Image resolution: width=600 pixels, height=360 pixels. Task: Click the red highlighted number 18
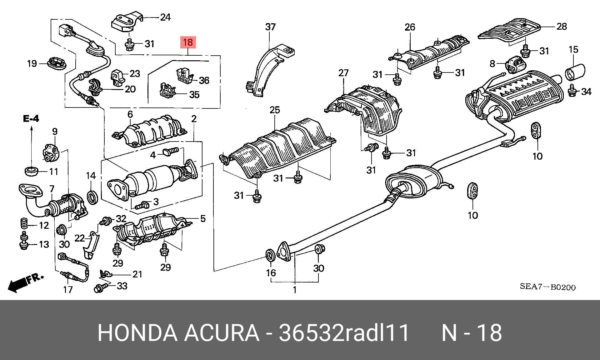tap(188, 42)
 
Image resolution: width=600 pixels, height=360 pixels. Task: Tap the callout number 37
tap(270, 27)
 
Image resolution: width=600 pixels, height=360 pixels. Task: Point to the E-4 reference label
tap(31, 119)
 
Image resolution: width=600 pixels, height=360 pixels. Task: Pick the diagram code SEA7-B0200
tap(547, 287)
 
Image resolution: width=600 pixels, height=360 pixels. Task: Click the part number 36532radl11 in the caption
tap(344, 333)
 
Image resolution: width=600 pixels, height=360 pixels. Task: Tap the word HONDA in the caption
tap(137, 333)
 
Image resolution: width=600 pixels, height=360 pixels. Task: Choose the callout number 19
tap(32, 64)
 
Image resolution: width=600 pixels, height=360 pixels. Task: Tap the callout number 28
tap(562, 27)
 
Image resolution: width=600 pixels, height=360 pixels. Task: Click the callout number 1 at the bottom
tap(294, 290)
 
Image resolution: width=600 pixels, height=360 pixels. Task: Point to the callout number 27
tap(343, 73)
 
